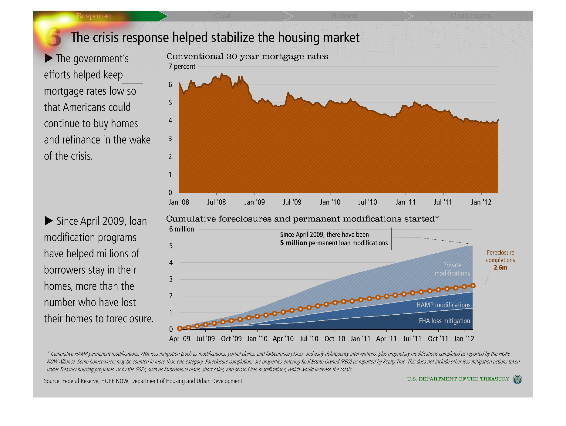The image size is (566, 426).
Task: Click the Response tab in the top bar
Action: (93, 16)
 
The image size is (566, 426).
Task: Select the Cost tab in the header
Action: (223, 16)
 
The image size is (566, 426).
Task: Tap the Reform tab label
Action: (345, 16)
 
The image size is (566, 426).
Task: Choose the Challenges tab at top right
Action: (471, 16)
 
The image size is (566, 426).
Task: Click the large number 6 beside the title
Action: (53, 37)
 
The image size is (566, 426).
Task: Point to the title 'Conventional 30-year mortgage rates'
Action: (247, 56)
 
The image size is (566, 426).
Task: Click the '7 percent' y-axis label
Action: (182, 66)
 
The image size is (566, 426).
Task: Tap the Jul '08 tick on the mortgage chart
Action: (216, 202)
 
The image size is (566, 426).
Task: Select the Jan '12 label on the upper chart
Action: (481, 202)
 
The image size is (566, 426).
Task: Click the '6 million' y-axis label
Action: (181, 229)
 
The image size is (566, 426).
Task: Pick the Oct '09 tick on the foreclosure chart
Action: (231, 339)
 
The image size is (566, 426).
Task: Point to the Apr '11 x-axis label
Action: (386, 339)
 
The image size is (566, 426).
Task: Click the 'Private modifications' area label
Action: (452, 269)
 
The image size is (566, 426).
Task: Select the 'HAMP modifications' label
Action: (443, 305)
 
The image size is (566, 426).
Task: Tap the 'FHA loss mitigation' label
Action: (444, 321)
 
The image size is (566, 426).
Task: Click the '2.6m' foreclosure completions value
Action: (500, 268)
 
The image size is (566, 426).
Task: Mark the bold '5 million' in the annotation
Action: (293, 243)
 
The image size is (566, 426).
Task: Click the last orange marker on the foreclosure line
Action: (473, 286)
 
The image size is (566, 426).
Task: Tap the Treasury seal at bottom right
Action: (517, 379)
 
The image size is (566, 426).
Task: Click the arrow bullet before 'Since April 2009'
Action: (49, 221)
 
